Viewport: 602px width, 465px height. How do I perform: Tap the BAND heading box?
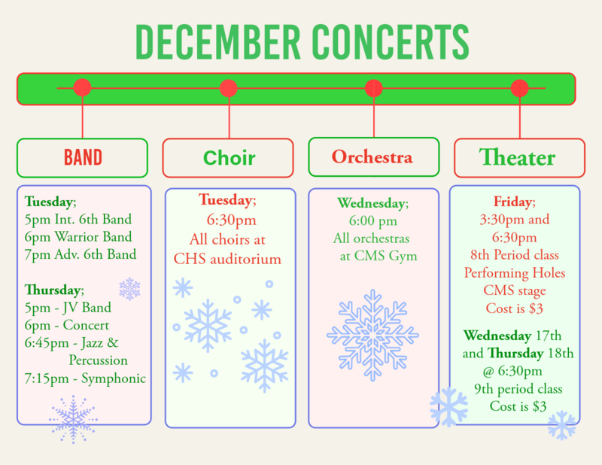coord(83,158)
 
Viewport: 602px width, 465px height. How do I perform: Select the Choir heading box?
coord(229,158)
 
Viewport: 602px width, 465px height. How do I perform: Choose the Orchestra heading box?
coord(373,157)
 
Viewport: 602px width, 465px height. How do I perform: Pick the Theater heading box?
coord(519,158)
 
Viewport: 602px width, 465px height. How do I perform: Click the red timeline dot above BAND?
coord(83,89)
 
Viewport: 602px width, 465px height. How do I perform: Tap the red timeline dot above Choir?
coord(229,89)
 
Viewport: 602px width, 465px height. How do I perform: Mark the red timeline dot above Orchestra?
coord(374,89)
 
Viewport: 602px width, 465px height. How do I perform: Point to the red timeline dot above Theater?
coord(520,89)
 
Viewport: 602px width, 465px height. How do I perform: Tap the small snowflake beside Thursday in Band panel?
coord(129,288)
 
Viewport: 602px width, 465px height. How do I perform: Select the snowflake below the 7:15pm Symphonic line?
coord(73,418)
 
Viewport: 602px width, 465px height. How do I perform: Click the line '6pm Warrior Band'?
coord(78,237)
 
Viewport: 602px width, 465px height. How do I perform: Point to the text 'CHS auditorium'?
coord(227,260)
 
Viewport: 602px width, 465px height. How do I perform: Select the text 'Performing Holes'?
coord(515,272)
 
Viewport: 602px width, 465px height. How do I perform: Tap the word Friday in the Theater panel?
coord(513,202)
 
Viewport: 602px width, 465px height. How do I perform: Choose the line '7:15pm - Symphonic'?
coord(85,378)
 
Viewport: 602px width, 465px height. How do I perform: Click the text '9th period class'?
coord(518,389)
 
